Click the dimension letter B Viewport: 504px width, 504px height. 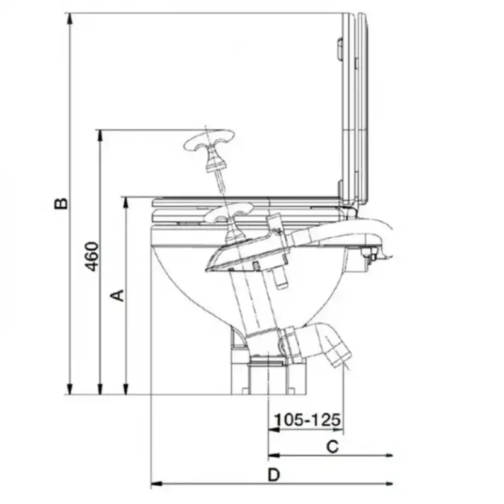(x=61, y=203)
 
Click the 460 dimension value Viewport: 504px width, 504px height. (x=91, y=256)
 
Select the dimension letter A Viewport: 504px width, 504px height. (x=117, y=295)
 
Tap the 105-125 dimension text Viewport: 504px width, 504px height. (x=307, y=420)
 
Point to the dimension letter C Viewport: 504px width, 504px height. (x=333, y=447)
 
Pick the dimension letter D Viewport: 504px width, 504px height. (x=274, y=475)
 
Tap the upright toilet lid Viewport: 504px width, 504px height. (x=355, y=109)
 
